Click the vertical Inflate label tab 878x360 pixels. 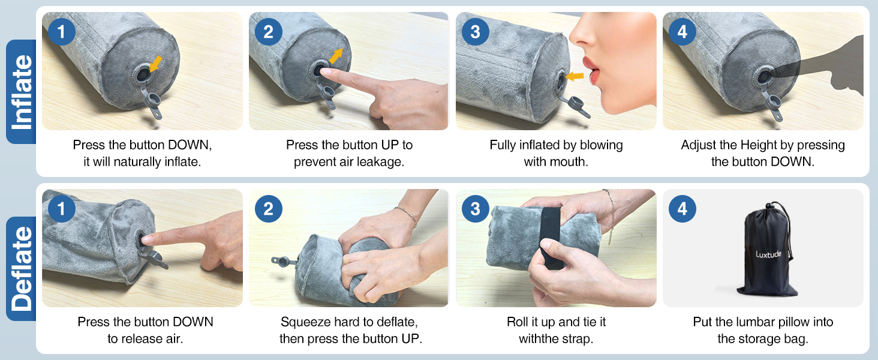[21, 92]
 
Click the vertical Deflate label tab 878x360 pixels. [21, 269]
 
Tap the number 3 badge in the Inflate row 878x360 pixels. [475, 32]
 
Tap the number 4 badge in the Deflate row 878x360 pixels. [682, 209]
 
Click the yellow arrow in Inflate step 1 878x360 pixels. [156, 64]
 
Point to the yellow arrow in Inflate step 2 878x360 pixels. [335, 56]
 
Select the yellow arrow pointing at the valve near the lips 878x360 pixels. [575, 76]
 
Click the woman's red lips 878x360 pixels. [591, 71]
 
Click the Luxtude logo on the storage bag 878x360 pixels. [768, 254]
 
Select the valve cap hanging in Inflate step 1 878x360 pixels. [153, 103]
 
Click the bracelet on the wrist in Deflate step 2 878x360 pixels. [406, 215]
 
